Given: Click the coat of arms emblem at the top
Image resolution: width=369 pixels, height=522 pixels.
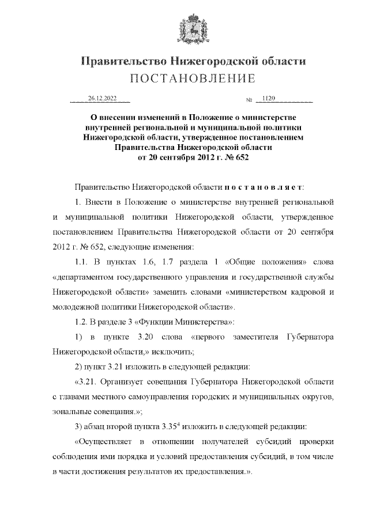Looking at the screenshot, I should (x=184, y=29).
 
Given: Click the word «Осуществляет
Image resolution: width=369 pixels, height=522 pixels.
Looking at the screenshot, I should (x=106, y=442).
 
